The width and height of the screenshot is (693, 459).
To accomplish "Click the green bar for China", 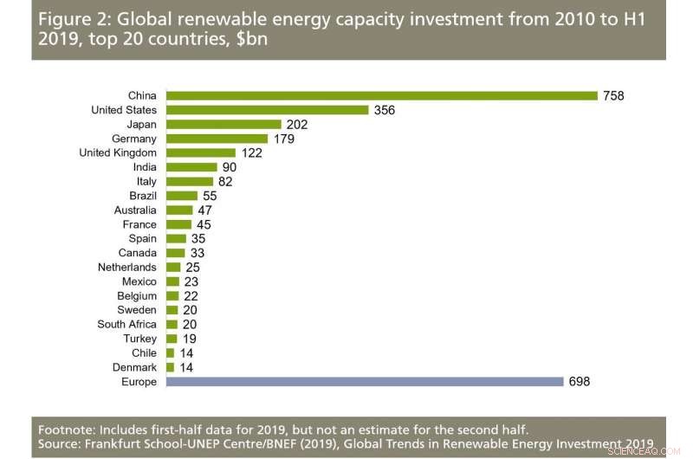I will [x=381, y=96].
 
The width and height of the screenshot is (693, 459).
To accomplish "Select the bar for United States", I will [x=268, y=110].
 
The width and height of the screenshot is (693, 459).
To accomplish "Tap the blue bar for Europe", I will [x=364, y=382].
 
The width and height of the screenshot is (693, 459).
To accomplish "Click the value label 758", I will [x=613, y=96].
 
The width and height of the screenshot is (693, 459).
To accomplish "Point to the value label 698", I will [x=579, y=382].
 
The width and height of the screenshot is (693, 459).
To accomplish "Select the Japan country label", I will [x=141, y=125].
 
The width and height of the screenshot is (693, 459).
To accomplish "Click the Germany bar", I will [x=217, y=139].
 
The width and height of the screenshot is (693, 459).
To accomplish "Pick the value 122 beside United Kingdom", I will [x=252, y=153].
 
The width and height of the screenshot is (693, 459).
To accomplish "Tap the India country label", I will [x=145, y=167].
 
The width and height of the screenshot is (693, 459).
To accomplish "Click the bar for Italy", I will [x=189, y=182].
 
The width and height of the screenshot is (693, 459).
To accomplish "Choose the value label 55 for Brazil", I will [x=210, y=196].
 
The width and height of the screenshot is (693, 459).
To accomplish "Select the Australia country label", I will [x=135, y=210].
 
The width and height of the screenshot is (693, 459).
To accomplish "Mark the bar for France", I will [x=179, y=224].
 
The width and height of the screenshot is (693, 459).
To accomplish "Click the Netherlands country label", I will [x=127, y=268].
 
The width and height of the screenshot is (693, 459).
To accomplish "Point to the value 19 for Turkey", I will [x=189, y=339].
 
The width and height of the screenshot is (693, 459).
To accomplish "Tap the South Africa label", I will [x=127, y=325].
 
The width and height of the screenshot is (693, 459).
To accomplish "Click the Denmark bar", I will [x=170, y=367].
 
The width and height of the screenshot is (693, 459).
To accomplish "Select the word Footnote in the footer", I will [x=66, y=429].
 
